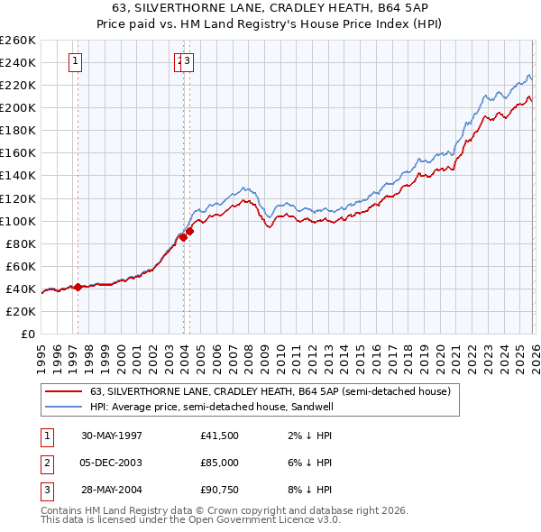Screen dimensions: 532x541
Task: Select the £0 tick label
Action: pos(28,334)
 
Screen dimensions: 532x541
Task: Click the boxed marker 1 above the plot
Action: pos(75,61)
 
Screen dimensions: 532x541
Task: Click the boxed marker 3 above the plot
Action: pos(189,61)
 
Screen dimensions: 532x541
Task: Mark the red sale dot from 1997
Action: pos(78,287)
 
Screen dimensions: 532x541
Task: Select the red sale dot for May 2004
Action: pos(190,231)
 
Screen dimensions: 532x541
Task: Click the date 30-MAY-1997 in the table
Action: pos(112,435)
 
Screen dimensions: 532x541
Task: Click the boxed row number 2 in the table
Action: pos(46,463)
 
